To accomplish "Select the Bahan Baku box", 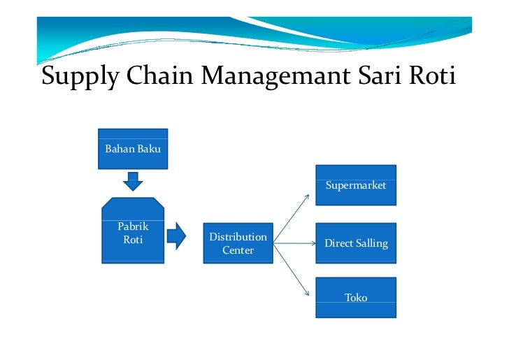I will tap(133, 148).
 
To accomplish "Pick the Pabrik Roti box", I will tap(133, 231).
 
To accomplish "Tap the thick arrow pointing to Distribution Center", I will tap(176, 236).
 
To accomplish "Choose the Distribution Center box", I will tap(238, 243).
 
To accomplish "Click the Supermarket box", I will tap(356, 185).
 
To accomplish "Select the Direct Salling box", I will tap(356, 243).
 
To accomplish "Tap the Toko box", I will tap(356, 298).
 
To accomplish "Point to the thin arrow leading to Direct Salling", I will tap(294, 244).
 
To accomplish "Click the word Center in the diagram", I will tap(238, 250).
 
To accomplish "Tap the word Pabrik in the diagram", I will tap(133, 227).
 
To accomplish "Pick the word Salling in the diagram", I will tap(371, 244).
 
